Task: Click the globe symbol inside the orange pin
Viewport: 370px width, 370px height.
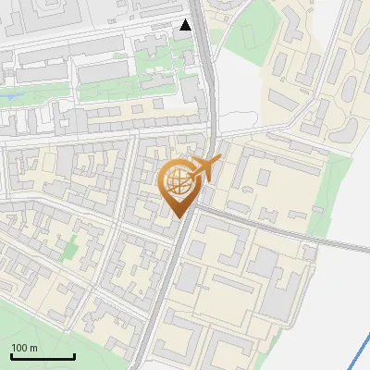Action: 178,182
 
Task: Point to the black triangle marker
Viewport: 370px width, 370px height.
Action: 186,25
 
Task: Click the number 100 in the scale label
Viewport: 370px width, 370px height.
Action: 19,348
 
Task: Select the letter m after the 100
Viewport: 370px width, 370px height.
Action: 33,348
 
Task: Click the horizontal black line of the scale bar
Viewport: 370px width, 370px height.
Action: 43,357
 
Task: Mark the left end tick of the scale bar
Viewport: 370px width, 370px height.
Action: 11,355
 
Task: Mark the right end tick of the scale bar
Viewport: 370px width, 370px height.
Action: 74,355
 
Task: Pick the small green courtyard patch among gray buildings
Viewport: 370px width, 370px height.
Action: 70,247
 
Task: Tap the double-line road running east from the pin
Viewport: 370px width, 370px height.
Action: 277,230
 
